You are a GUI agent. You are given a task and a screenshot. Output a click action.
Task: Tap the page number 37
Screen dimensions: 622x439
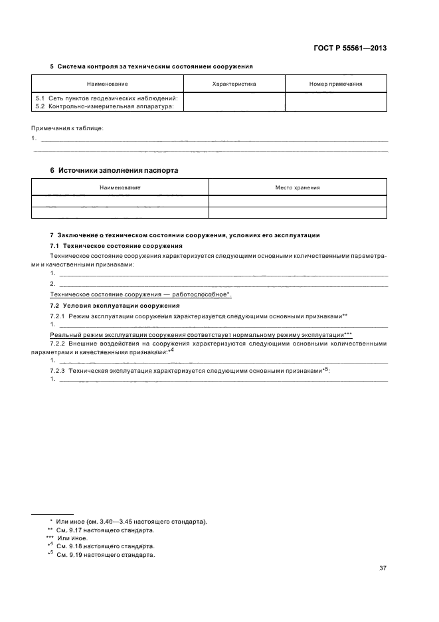click(383, 568)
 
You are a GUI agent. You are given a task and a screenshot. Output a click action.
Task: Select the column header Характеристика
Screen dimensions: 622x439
click(234, 84)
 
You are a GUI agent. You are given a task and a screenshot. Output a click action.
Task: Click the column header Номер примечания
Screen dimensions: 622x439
click(335, 84)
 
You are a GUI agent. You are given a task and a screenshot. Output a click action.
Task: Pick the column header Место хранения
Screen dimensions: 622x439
click(298, 188)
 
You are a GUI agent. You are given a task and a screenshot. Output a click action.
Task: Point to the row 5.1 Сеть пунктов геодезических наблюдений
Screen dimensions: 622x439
click(106, 98)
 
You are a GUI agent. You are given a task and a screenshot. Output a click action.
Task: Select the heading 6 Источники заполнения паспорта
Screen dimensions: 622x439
click(114, 170)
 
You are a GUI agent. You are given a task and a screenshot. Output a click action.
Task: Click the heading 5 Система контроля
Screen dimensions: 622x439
click(151, 66)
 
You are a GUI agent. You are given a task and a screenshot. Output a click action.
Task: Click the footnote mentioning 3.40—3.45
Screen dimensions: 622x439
click(132, 522)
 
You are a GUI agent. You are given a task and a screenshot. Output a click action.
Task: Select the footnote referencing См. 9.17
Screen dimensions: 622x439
click(106, 530)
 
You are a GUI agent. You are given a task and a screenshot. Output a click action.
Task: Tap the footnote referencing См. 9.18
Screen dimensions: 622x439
click(106, 546)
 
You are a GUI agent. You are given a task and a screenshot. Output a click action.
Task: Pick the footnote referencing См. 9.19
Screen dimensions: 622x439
click(106, 555)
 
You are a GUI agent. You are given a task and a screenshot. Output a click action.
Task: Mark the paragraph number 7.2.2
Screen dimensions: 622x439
click(58, 344)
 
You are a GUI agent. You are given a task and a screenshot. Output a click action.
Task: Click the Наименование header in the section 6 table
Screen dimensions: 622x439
click(120, 188)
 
